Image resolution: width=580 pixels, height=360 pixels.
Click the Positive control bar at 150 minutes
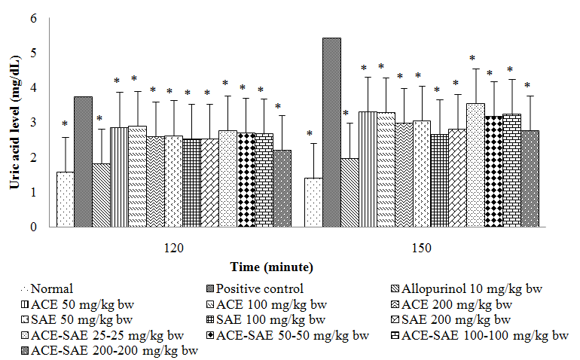[x=331, y=132]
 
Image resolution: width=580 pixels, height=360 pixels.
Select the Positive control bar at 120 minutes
[x=83, y=161]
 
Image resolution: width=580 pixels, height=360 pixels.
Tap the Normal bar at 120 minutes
[x=65, y=199]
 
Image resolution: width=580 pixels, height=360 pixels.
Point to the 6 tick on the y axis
[x=33, y=18]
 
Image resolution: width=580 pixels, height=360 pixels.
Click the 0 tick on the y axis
[x=33, y=227]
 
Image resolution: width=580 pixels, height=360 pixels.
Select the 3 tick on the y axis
[x=33, y=123]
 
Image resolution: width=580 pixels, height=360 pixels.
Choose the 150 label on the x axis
[x=421, y=247]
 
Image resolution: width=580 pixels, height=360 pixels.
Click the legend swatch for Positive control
[x=208, y=288]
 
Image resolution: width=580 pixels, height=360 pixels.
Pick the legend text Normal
[x=46, y=288]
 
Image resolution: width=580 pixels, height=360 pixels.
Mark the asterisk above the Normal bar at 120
[x=65, y=125]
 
